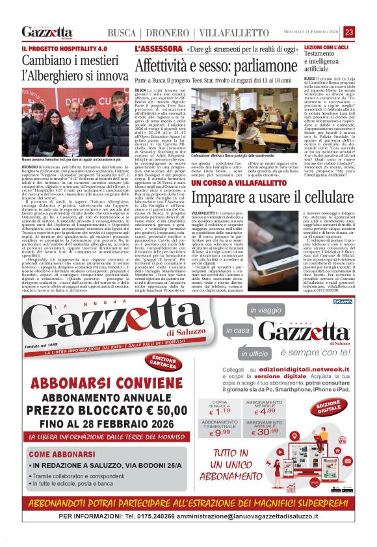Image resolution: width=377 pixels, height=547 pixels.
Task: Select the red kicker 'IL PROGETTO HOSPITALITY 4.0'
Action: [x=64, y=49]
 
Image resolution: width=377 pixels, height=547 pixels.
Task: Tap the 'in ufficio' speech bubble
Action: [x=258, y=353]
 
